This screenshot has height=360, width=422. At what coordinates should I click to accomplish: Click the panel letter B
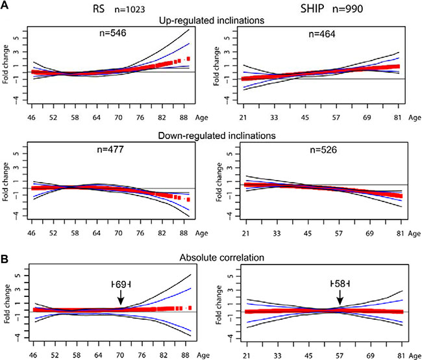pos(6,247)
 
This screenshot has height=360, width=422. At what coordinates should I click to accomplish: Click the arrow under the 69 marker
pos(121,296)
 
